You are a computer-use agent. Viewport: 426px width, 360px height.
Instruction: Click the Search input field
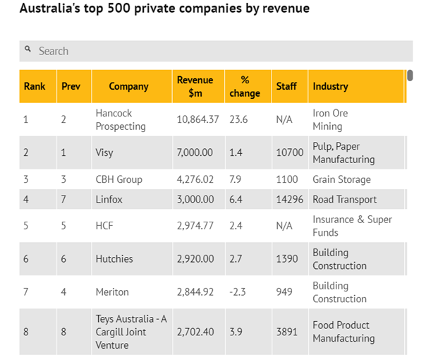click(216, 51)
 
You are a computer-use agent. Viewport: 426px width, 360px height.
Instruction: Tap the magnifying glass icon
click(28, 49)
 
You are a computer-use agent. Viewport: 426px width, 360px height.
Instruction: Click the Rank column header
click(35, 86)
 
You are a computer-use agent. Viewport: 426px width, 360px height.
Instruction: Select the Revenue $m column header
click(195, 86)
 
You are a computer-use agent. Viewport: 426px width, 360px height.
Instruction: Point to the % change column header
click(245, 86)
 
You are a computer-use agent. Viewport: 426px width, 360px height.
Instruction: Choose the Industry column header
click(330, 86)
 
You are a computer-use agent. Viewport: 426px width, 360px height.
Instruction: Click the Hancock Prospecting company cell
click(121, 119)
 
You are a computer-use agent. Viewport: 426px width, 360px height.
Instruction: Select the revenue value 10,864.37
click(197, 119)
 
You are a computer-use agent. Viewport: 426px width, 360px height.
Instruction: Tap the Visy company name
click(104, 152)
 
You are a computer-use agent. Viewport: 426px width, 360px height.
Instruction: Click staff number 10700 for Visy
click(290, 152)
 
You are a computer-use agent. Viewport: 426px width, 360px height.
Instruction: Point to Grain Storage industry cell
click(342, 179)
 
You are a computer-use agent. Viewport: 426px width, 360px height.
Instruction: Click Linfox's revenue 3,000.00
click(195, 200)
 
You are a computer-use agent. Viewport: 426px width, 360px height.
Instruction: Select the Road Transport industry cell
click(345, 200)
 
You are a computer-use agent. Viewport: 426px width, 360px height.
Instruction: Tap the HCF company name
click(104, 226)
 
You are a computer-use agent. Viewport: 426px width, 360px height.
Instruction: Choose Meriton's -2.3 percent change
click(238, 292)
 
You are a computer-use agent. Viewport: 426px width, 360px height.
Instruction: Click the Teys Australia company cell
click(131, 332)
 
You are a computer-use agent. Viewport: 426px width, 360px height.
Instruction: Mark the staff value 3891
click(287, 332)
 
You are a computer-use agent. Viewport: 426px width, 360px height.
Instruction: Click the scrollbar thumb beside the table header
click(410, 76)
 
